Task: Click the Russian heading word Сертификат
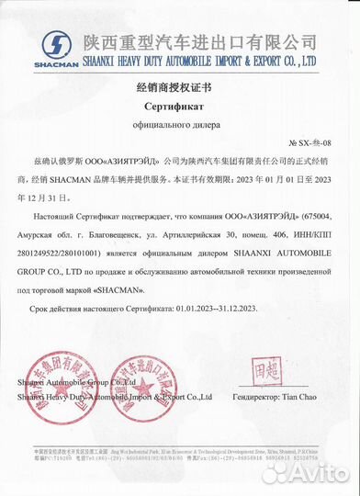click(x=180, y=106)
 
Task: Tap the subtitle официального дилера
click(x=180, y=123)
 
